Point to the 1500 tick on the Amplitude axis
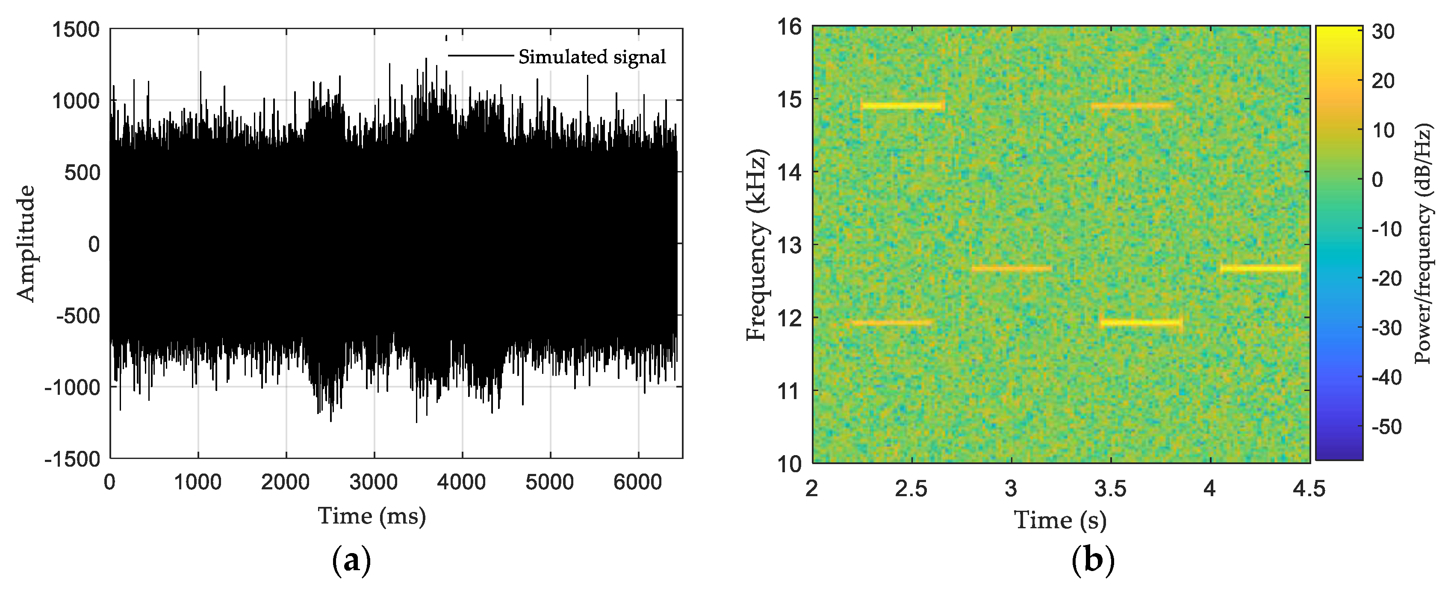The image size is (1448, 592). coord(76,29)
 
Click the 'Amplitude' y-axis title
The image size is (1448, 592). coord(26,243)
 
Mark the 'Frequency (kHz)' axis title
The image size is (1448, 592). coord(757,245)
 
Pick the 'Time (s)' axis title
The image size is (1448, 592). coord(1060,520)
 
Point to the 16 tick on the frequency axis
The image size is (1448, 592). coord(790,27)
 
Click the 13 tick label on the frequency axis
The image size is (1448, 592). coord(790,245)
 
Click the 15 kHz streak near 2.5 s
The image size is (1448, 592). coord(902,106)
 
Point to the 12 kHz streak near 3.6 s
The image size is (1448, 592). coord(1141,323)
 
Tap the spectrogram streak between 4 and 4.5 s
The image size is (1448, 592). coord(1260,268)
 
